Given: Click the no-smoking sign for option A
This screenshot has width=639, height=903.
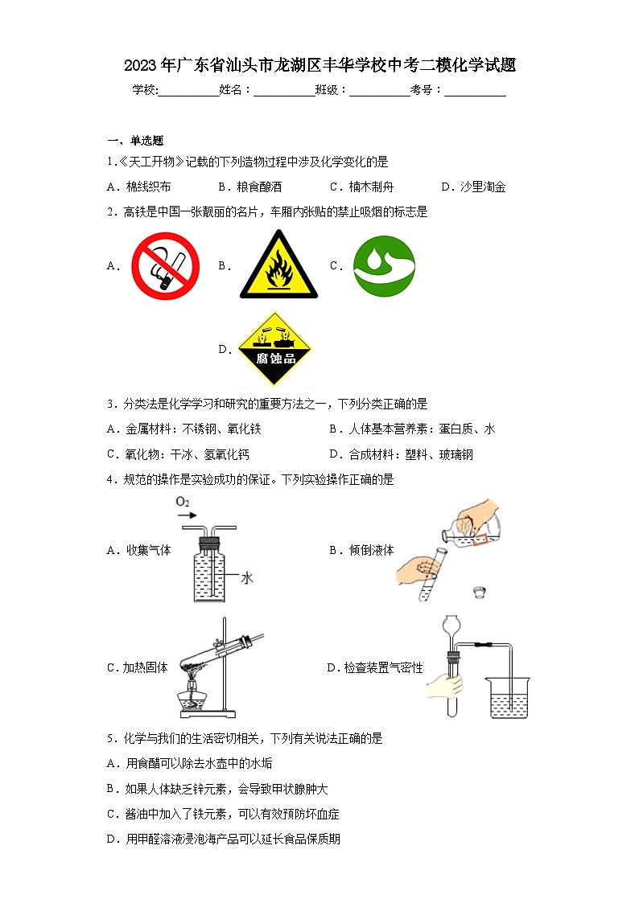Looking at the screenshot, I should pyautogui.click(x=165, y=266).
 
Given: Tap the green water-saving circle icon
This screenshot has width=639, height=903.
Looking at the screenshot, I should pyautogui.click(x=384, y=266).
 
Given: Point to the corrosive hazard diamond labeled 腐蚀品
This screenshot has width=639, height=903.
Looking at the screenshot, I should pyautogui.click(x=275, y=349).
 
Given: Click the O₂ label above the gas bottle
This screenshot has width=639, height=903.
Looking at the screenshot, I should pyautogui.click(x=183, y=503).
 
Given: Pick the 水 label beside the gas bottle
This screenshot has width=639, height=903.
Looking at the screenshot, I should pyautogui.click(x=247, y=577).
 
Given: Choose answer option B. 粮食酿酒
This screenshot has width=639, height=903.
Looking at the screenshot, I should pyautogui.click(x=249, y=187).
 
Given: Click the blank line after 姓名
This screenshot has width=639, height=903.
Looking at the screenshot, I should pyautogui.click(x=284, y=90).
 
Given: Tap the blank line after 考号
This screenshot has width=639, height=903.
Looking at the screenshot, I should pyautogui.click(x=475, y=90).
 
